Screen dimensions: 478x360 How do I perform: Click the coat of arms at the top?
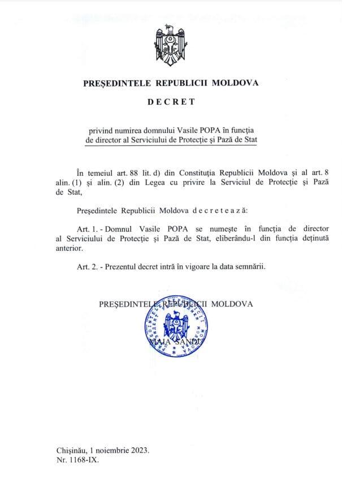[x=171, y=45]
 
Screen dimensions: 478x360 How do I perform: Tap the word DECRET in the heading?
[x=171, y=102]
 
